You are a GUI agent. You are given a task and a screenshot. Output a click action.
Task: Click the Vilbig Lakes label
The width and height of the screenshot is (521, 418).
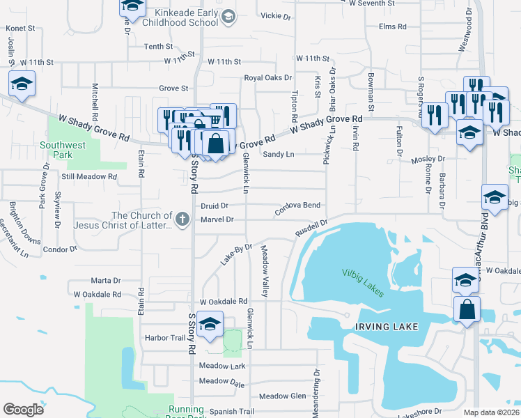[x=362, y=282]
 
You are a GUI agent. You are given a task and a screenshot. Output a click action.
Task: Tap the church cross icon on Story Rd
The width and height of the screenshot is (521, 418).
[x=182, y=219]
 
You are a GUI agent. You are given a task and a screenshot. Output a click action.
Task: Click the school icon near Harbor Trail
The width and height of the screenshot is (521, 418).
[x=209, y=324]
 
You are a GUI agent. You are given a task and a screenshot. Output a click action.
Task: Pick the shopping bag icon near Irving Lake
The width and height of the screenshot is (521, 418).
[x=467, y=308]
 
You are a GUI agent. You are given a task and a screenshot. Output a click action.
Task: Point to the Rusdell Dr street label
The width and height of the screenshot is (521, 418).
[x=311, y=228]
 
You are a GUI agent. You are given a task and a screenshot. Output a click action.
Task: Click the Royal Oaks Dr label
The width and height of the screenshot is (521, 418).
[x=267, y=78]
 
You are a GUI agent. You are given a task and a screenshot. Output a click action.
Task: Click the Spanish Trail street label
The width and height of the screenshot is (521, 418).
[x=217, y=412]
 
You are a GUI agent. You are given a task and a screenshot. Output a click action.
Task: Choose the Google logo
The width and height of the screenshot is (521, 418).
[x=23, y=410]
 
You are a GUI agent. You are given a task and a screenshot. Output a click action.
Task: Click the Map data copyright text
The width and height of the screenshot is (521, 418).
[x=491, y=412]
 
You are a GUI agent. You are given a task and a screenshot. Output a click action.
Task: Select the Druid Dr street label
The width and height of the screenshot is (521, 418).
[x=215, y=206]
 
